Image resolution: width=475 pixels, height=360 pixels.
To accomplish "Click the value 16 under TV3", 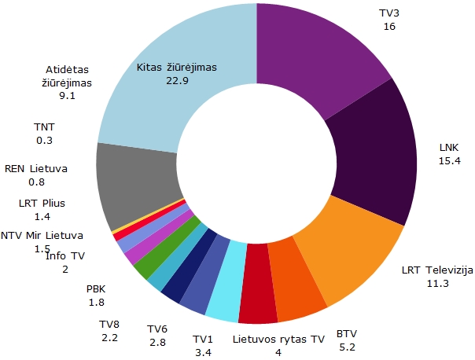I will (389, 27).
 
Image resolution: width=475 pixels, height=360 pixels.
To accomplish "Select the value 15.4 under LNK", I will (449, 161).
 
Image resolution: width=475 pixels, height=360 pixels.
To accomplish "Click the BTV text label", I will (346, 333).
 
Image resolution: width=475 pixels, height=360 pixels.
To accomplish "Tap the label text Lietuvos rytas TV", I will (279, 340).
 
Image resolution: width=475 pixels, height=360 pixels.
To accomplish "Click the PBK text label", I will (97, 289).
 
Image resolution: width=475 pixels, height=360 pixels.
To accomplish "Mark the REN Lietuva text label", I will (36, 168).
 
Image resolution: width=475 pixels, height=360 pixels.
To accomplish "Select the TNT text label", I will (44, 126).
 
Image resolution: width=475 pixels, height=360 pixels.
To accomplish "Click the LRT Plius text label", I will (42, 203).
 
